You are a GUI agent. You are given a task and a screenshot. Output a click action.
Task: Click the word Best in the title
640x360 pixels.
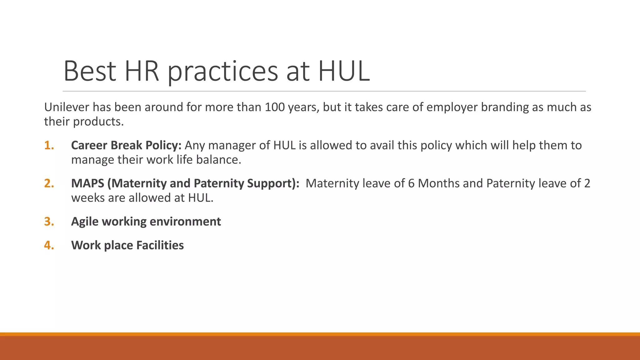click(90, 71)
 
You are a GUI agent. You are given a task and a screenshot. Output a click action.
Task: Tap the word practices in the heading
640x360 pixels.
click(222, 72)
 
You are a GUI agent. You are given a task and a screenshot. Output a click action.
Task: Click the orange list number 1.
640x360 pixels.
click(49, 145)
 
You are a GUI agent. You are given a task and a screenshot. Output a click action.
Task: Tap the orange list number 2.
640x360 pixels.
click(49, 183)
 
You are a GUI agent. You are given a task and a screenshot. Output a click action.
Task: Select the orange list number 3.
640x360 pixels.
click(49, 222)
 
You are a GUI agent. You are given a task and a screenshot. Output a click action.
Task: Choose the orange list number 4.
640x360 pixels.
click(49, 245)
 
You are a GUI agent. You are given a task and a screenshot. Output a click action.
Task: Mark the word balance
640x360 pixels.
click(218, 160)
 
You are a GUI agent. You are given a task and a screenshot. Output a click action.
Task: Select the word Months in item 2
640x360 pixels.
click(438, 183)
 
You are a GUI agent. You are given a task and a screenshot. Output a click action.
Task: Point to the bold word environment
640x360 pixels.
click(185, 222)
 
